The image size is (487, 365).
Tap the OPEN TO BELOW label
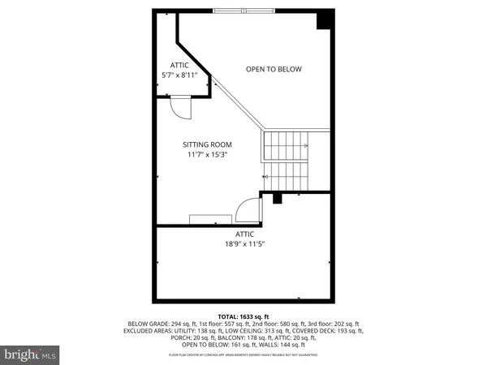[x=274, y=69]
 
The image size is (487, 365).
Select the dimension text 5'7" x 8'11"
[x=179, y=75]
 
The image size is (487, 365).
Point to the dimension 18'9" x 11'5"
[x=245, y=243]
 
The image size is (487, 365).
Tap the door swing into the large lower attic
[x=248, y=212]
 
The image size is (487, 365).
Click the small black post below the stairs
[x=277, y=197]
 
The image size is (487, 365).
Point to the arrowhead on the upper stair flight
[x=305, y=146]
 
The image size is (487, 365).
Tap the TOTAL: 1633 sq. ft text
[x=243, y=315]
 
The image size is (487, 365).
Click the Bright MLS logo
[x=31, y=354]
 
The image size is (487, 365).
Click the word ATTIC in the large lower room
[x=245, y=234]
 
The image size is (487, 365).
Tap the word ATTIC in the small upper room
[x=179, y=65]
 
